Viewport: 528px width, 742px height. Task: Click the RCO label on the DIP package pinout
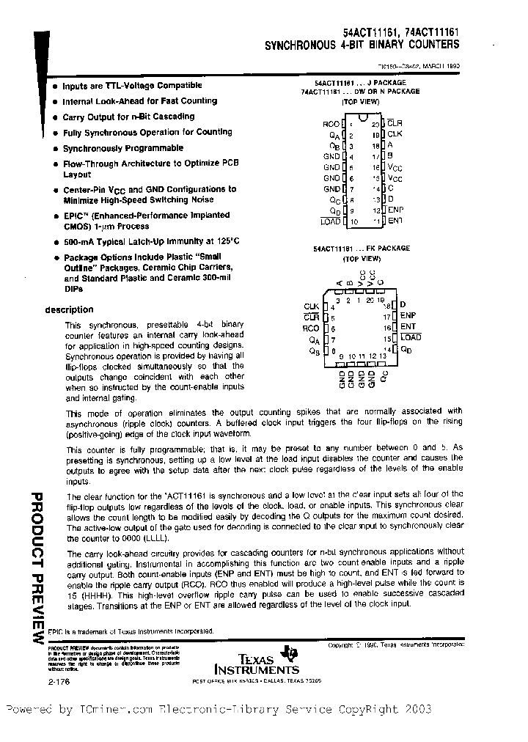tap(331, 124)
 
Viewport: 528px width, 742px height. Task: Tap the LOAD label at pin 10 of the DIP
tap(331, 221)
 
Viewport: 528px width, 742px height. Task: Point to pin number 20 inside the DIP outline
tap(375, 124)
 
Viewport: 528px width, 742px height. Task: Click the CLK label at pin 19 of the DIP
tap(395, 134)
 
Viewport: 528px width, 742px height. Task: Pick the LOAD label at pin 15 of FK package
tap(411, 337)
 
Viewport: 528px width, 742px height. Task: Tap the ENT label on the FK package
tap(408, 326)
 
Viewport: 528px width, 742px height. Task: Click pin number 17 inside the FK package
tap(386, 315)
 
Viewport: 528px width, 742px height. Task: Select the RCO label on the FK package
tap(311, 328)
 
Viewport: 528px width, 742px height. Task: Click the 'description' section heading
tap(69, 309)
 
